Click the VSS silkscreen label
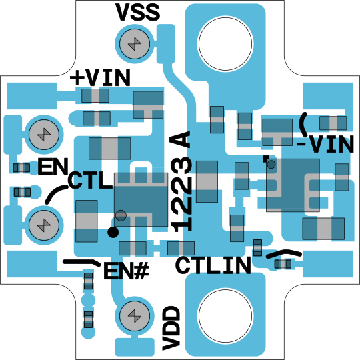point(137,12)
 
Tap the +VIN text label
point(100,77)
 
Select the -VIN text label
point(325,144)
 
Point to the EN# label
point(126,271)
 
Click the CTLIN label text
point(213,265)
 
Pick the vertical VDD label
point(171,328)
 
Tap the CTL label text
point(90,181)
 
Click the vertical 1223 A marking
point(181,181)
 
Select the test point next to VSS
point(135,43)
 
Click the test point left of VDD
point(135,316)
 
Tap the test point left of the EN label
point(44,135)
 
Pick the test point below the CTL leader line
point(44,225)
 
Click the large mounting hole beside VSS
point(226,43)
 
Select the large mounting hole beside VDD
point(226,316)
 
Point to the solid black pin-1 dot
point(113,233)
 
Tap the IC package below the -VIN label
point(293,185)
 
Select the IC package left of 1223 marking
point(141,199)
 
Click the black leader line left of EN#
point(82,262)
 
